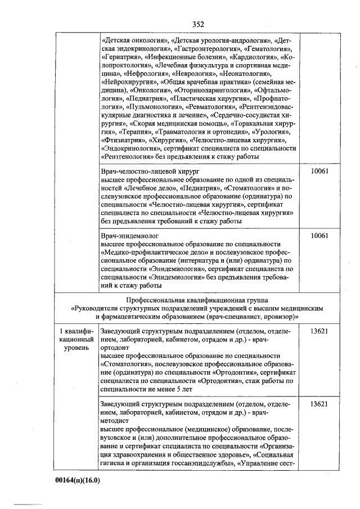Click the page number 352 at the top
coord(197,24)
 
